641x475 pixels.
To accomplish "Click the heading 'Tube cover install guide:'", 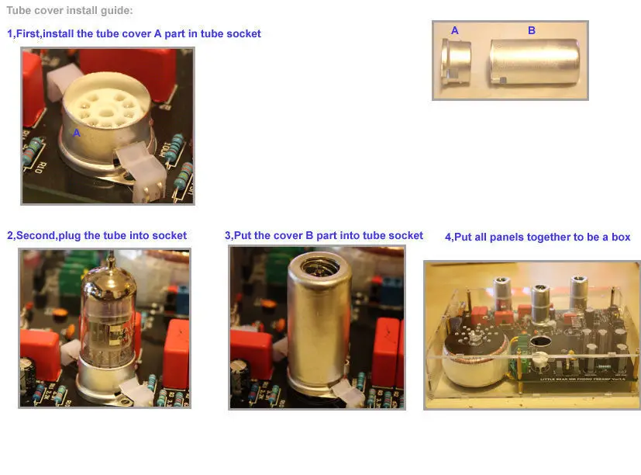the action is [70, 11].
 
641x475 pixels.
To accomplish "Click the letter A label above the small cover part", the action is [454, 31].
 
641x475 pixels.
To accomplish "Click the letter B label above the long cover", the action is [532, 30].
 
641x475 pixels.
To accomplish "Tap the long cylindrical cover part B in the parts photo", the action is [534, 62].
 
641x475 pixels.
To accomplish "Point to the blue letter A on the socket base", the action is [77, 133].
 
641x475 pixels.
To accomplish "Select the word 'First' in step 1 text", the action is [27, 33].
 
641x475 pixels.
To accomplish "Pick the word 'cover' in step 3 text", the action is [288, 235].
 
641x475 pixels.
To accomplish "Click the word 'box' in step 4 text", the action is [621, 237].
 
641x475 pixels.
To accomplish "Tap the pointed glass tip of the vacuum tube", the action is [111, 256].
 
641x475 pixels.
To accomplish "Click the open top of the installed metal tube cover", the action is [319, 266].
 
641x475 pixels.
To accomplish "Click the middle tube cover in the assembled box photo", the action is [542, 303].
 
